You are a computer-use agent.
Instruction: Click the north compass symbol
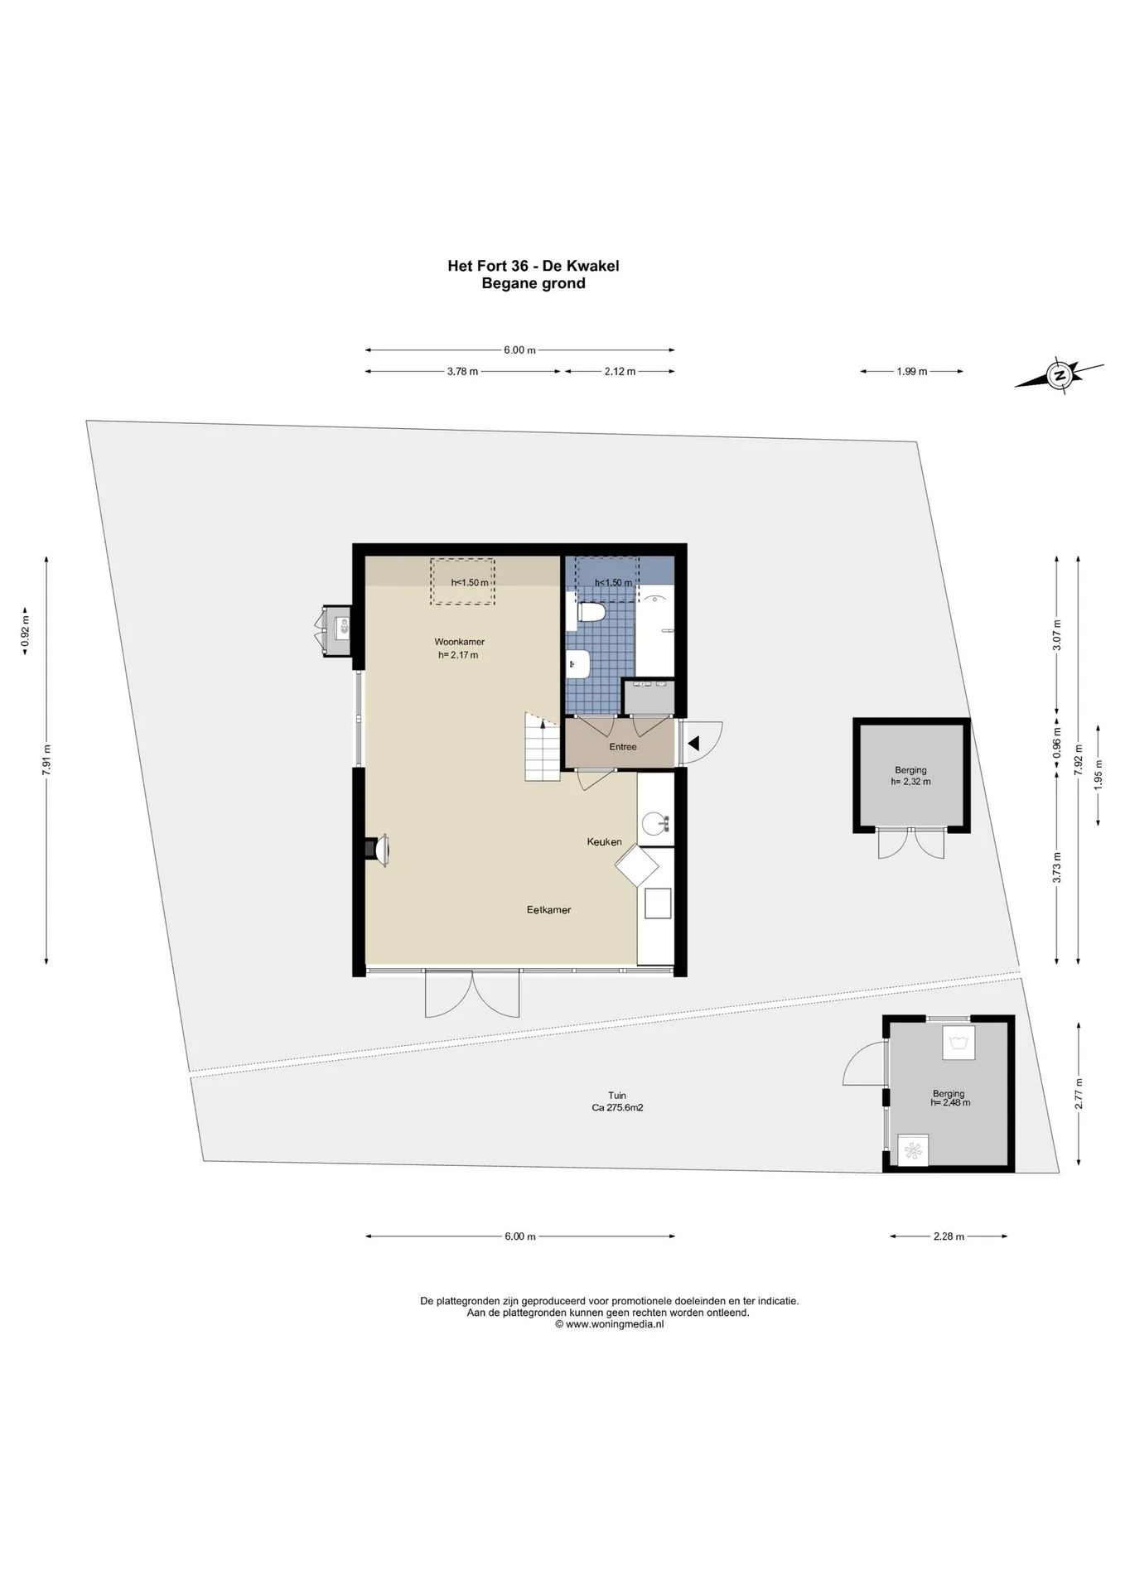click(x=1060, y=375)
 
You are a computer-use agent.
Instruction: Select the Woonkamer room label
click(x=460, y=642)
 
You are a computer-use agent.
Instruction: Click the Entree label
click(x=623, y=747)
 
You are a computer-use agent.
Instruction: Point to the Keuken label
click(x=604, y=842)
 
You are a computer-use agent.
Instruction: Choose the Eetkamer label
click(x=549, y=910)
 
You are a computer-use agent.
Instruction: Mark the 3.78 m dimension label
click(x=462, y=372)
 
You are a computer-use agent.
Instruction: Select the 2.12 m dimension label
click(x=620, y=372)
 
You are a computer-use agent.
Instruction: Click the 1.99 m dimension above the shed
click(x=911, y=372)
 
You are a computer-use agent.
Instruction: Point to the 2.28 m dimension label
click(x=949, y=1236)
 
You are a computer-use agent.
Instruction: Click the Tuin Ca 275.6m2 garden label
click(x=617, y=1101)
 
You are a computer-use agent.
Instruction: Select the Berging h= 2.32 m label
click(x=910, y=776)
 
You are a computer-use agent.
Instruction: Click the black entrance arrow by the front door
click(x=694, y=744)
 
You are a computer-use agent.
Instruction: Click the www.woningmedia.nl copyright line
click(x=610, y=1324)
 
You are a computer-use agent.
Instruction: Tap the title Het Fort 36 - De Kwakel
click(x=534, y=266)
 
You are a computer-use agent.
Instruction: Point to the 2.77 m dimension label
click(x=1079, y=1093)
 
